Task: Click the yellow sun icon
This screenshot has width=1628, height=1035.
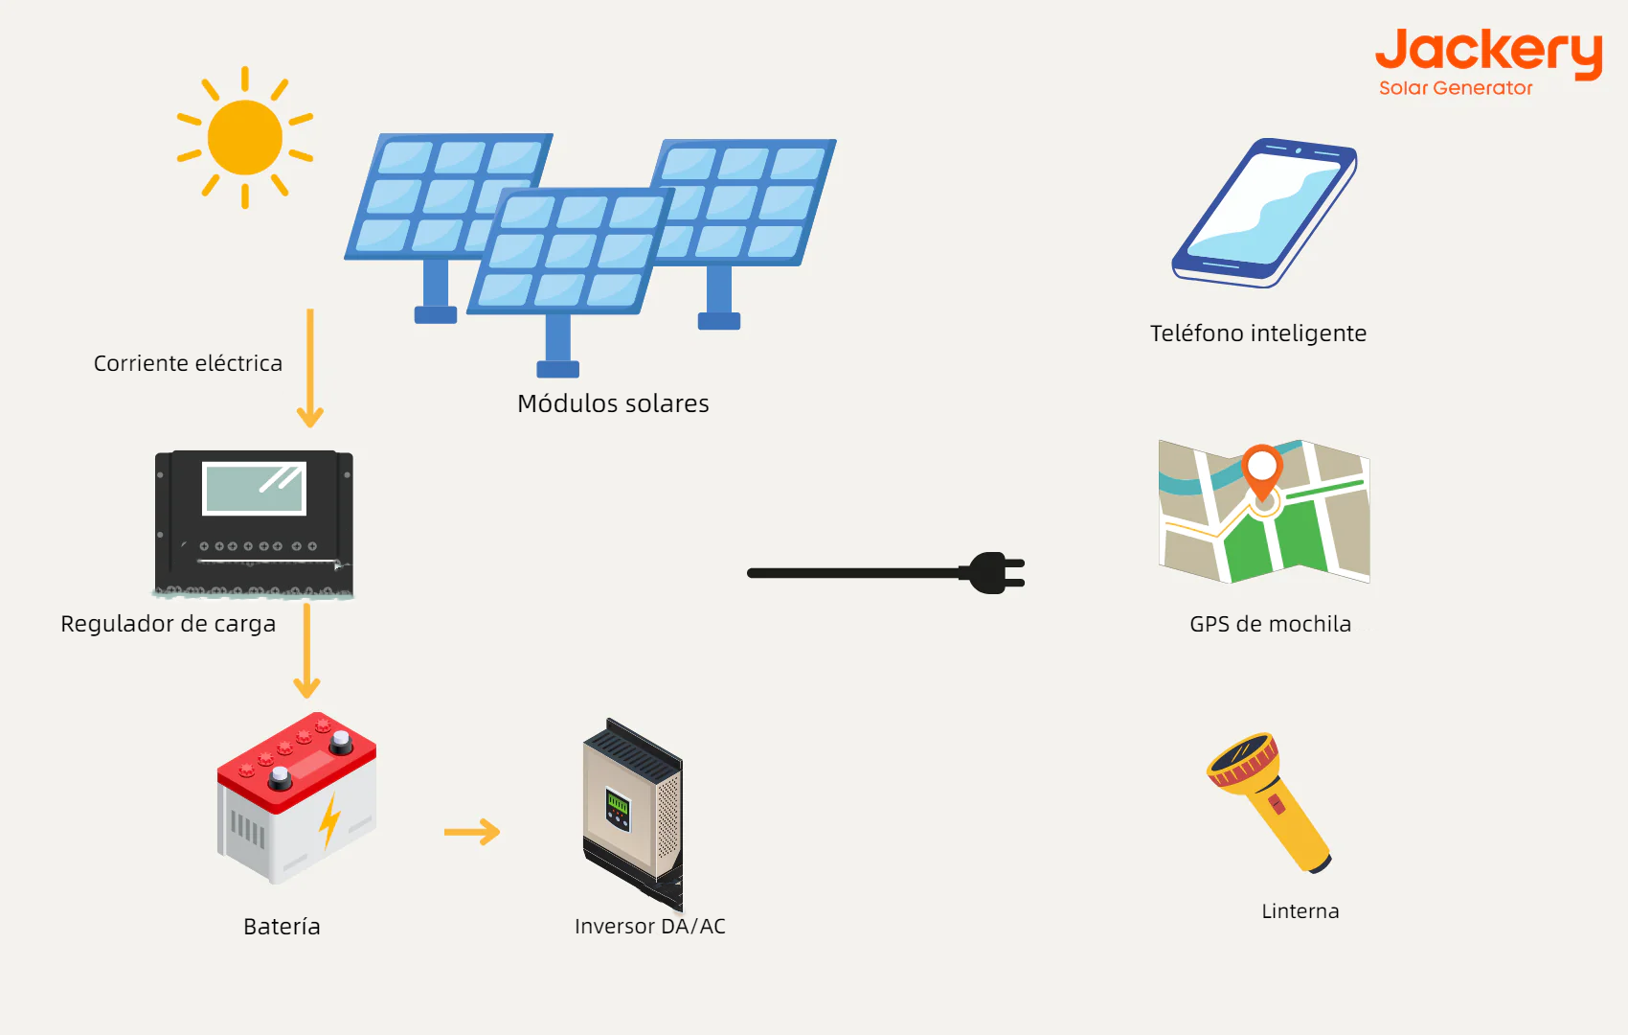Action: coord(245,137)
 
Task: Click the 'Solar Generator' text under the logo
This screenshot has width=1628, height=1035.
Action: coord(1456,88)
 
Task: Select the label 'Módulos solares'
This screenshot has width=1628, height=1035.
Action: coord(613,403)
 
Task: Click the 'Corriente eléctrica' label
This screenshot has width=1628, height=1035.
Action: coord(188,364)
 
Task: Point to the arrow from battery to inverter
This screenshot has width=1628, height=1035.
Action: coord(472,832)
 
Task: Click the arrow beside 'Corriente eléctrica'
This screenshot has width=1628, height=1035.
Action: coord(309,369)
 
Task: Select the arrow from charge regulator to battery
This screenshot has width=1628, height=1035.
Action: coord(306,652)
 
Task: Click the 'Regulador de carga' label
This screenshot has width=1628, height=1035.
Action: coord(169,624)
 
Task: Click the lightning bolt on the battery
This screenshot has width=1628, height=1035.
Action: coord(329,821)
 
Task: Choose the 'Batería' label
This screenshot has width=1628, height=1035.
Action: coord(282,927)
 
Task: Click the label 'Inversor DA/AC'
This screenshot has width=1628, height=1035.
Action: coord(650,927)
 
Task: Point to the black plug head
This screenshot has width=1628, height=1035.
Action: coord(996,573)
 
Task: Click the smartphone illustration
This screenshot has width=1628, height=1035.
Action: coord(1264,213)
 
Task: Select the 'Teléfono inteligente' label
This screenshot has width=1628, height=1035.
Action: coord(1258,333)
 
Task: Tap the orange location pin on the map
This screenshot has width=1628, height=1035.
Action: coord(1262,470)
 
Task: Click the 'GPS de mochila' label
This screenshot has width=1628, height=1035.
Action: coord(1271,624)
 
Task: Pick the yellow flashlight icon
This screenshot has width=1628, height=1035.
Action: coord(1270,802)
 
